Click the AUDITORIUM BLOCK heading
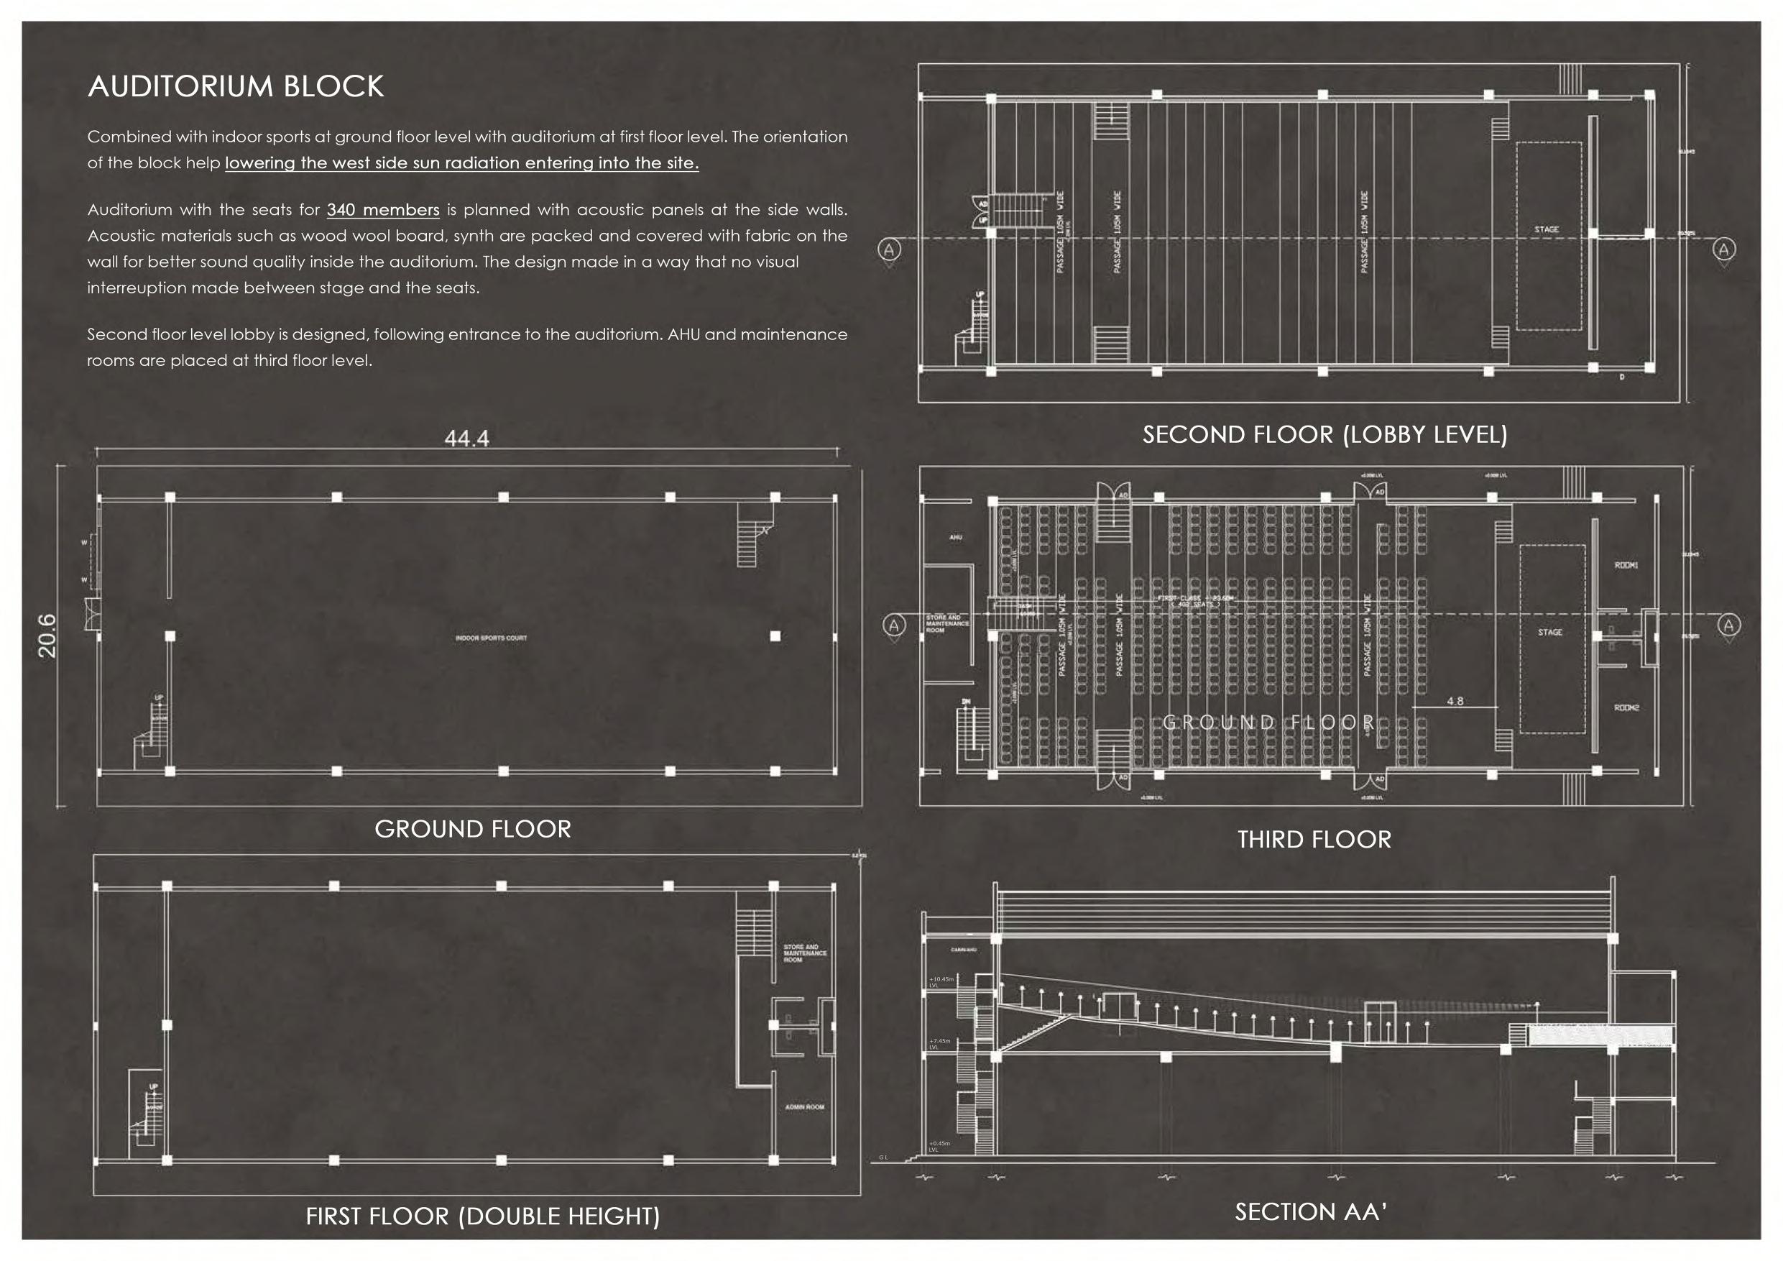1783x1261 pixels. tap(235, 86)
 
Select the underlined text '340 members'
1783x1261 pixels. tap(383, 210)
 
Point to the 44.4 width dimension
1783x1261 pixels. tap(466, 439)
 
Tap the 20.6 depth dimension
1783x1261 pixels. tap(47, 636)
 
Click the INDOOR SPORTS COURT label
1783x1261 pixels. tap(491, 638)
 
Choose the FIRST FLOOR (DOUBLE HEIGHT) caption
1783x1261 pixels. tap(482, 1216)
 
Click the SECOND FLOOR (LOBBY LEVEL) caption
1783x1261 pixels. tap(1324, 434)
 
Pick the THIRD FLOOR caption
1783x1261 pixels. tap(1314, 839)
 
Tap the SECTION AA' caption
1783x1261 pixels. tap(1310, 1211)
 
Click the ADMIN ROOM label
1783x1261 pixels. tap(804, 1107)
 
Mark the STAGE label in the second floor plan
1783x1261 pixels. tap(1546, 229)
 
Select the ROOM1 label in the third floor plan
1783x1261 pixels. tap(1626, 565)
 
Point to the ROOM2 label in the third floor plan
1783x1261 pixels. tap(1626, 708)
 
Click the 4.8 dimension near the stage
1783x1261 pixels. tap(1455, 701)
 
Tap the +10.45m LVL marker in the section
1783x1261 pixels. tap(941, 982)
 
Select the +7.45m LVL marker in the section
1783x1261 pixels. tap(939, 1043)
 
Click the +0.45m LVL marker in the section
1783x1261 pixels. tap(939, 1146)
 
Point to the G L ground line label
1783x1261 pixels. tap(883, 1157)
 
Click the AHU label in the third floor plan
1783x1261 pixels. tap(955, 537)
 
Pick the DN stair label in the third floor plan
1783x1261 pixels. tap(966, 702)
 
